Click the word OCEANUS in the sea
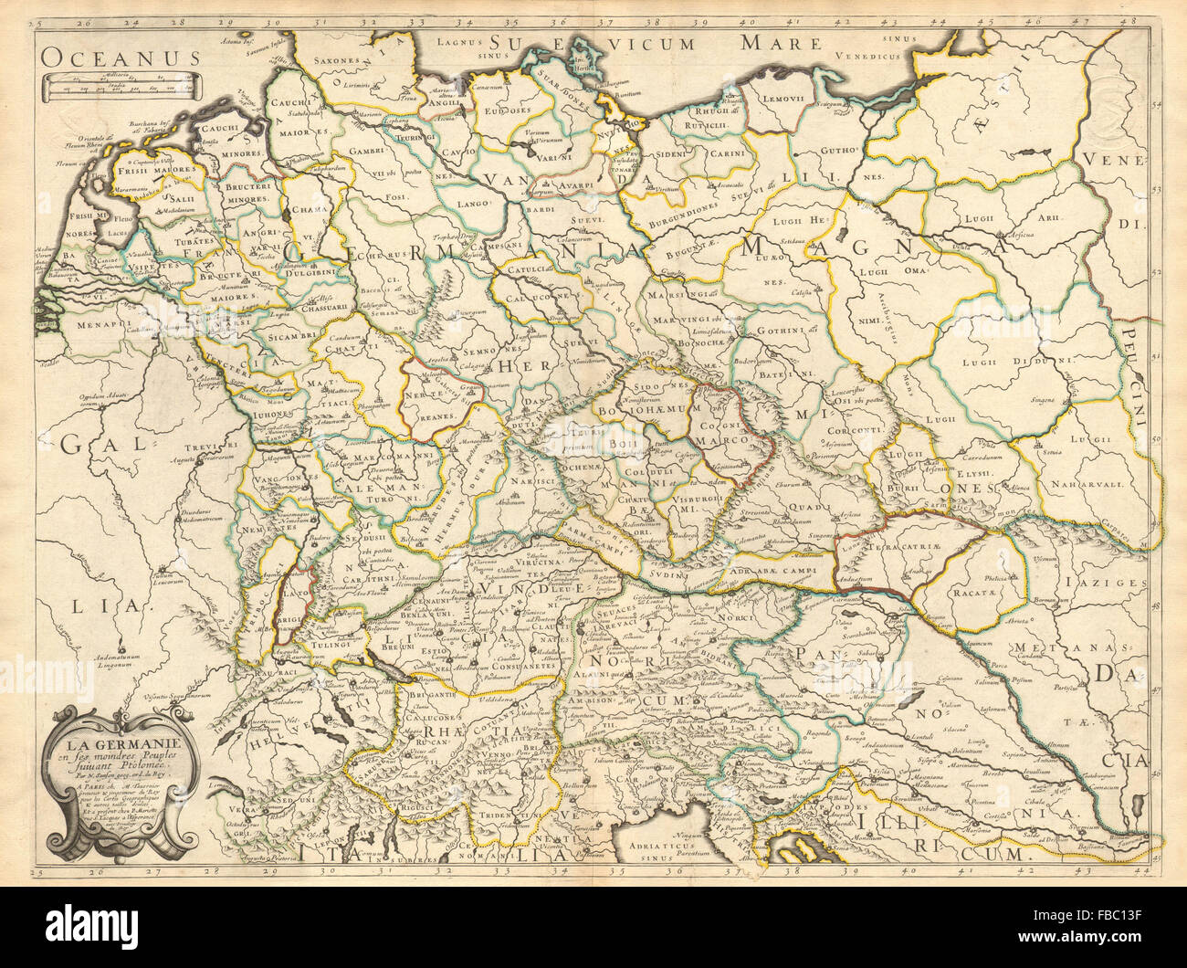(120, 57)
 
